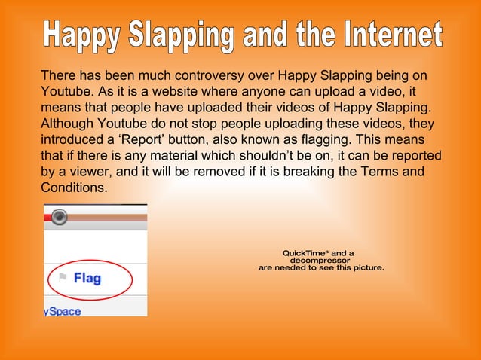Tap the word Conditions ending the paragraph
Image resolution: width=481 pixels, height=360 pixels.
pyautogui.click(x=75, y=188)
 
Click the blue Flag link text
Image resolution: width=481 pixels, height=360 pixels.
pyautogui.click(x=87, y=279)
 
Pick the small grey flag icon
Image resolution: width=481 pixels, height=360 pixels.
pyautogui.click(x=63, y=278)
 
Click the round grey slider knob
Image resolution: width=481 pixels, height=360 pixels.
pyautogui.click(x=60, y=218)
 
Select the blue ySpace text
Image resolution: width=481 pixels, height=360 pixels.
pyautogui.click(x=63, y=311)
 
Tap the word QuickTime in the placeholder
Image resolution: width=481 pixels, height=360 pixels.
pyautogui.click(x=305, y=253)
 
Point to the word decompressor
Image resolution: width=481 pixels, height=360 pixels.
pyautogui.click(x=320, y=261)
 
